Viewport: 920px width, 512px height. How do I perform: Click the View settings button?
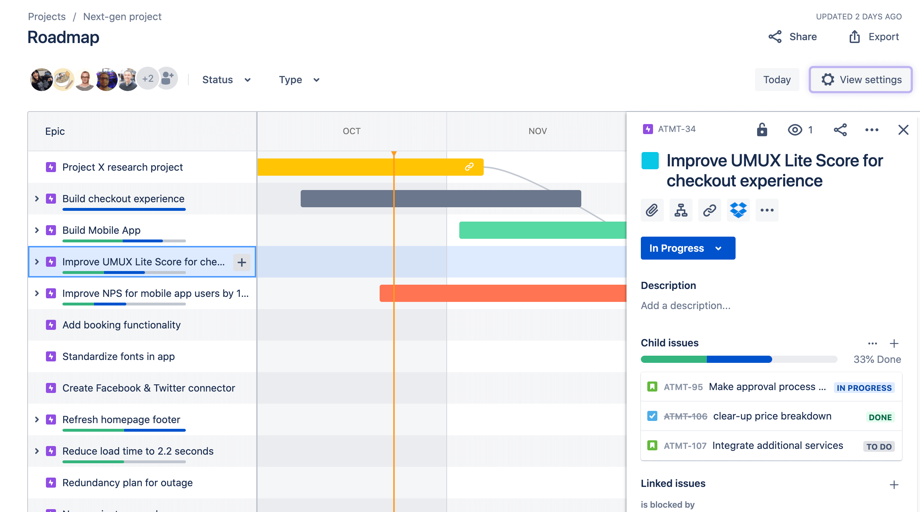860,80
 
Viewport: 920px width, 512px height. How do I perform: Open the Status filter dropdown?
226,80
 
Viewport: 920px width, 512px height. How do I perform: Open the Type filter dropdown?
299,80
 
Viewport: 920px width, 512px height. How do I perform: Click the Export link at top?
874,37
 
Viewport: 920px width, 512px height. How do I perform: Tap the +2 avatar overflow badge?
148,79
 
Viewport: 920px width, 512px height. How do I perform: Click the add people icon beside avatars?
167,79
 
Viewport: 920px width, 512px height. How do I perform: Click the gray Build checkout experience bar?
441,199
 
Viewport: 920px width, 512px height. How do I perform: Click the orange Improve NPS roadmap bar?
502,293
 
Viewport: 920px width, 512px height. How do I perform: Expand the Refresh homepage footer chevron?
37,419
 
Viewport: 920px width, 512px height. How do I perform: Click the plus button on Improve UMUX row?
242,262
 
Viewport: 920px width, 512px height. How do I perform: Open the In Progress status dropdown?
688,248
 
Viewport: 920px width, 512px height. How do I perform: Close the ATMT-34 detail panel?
903,129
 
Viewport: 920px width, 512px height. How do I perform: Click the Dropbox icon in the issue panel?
738,210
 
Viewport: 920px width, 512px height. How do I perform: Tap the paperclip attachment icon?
652,210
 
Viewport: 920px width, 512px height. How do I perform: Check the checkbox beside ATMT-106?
652,416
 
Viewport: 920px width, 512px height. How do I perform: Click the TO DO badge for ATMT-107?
879,446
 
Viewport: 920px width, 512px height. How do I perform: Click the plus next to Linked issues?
894,485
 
